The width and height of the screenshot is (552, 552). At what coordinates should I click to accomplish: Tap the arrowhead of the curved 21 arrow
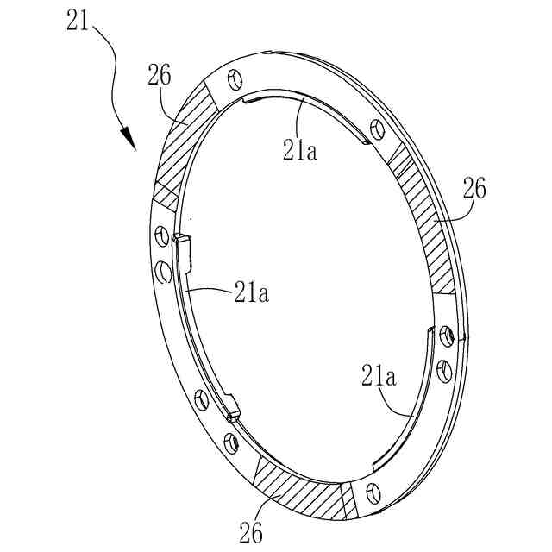pyautogui.click(x=129, y=139)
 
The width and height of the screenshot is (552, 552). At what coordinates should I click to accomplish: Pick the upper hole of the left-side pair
pyautogui.click(x=160, y=235)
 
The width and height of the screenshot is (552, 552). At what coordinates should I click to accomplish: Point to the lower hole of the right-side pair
pyautogui.click(x=442, y=370)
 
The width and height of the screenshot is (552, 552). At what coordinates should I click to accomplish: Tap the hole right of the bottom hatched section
pyautogui.click(x=373, y=492)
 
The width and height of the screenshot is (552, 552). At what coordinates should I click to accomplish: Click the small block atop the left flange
pyautogui.click(x=179, y=239)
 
